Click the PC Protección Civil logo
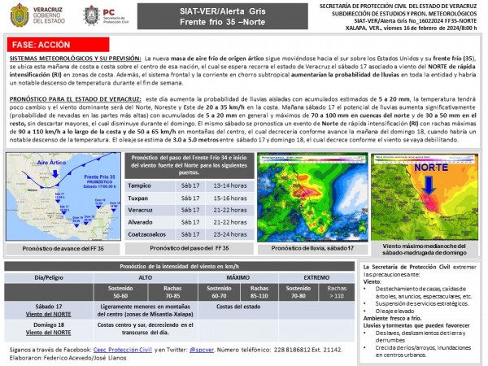click(x=93, y=15)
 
